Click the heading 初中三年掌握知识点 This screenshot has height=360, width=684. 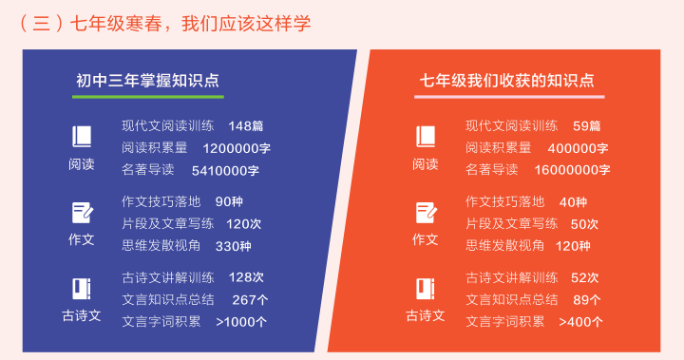(147, 81)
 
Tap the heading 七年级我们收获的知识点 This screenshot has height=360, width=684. (507, 81)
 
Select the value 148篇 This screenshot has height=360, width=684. (246, 126)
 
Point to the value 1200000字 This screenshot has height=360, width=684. (237, 148)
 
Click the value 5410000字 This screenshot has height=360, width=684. (225, 170)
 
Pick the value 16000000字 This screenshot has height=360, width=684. (572, 170)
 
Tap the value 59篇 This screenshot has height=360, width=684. (586, 126)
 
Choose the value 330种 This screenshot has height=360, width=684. (233, 246)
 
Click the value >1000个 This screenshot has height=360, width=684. (240, 322)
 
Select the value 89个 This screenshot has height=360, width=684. (587, 300)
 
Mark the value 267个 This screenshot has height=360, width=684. (250, 300)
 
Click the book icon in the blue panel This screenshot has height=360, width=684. (82, 136)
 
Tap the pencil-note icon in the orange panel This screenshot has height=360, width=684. (426, 213)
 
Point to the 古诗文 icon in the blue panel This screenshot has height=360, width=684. (82, 289)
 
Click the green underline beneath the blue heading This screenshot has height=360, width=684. (148, 97)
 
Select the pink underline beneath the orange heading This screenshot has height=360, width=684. (509, 97)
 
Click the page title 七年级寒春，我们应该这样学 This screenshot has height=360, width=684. (190, 23)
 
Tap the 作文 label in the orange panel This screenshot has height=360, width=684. (426, 239)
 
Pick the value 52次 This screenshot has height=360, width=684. (584, 278)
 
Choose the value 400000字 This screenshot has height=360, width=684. (578, 148)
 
